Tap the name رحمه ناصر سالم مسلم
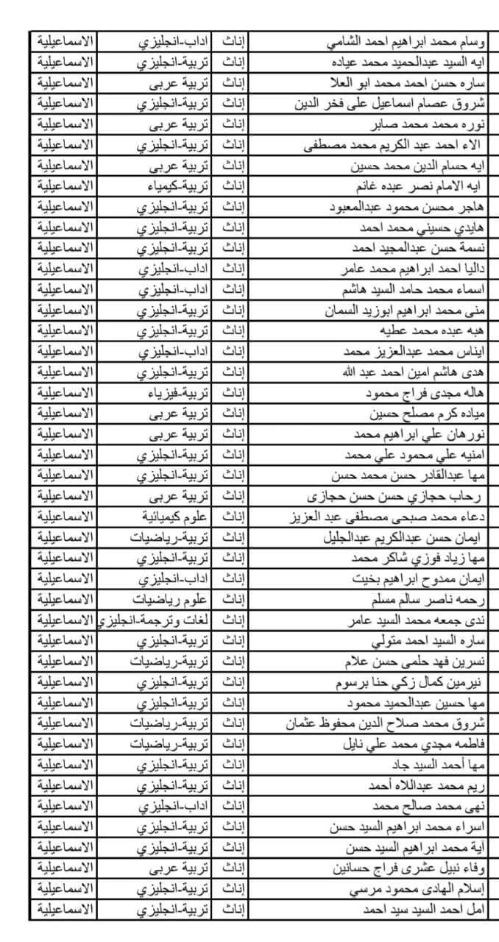pyautogui.click(x=425, y=600)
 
